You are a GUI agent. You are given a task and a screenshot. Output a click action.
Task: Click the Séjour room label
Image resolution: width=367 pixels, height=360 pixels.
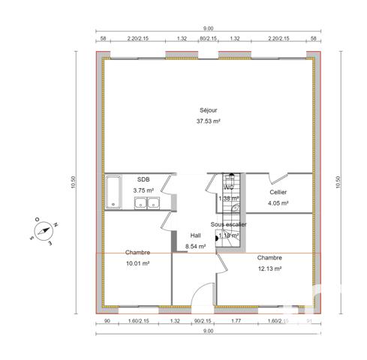[208, 110]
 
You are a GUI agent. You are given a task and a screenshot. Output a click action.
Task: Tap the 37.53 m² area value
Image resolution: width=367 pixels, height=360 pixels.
[208, 121]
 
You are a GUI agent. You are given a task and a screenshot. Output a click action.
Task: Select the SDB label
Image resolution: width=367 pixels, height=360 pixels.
[143, 180]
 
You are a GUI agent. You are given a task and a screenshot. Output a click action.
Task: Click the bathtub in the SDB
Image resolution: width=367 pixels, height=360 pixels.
[113, 192]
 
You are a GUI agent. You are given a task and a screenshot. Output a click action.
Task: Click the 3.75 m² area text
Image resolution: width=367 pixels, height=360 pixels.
[143, 190]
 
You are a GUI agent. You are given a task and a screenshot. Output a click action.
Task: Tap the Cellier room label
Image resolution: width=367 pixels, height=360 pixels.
[278, 192]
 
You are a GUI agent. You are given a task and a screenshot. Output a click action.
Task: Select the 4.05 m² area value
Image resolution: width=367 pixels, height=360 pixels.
[278, 202]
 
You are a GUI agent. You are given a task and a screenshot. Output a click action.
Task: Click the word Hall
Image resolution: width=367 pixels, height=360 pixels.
[195, 235]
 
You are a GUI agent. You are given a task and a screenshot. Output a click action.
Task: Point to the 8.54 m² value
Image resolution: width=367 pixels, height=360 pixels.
[195, 245]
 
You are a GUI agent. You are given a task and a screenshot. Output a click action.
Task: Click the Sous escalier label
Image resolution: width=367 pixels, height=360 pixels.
[229, 224]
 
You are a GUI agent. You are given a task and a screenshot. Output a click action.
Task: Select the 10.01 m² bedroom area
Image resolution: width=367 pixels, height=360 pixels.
[137, 263]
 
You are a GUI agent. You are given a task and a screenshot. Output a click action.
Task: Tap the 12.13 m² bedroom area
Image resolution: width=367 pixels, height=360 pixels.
[269, 268]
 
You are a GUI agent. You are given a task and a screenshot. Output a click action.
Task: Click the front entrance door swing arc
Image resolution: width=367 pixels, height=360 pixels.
[203, 297]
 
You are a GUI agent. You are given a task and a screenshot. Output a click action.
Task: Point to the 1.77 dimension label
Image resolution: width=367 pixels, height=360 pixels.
[236, 321]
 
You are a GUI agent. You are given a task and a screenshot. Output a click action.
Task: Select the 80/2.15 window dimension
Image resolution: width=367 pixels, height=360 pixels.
[208, 38]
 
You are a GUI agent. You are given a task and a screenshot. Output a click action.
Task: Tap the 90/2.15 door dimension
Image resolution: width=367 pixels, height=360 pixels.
[203, 321]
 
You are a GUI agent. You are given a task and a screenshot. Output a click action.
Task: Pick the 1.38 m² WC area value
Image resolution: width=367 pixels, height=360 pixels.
[228, 199]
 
